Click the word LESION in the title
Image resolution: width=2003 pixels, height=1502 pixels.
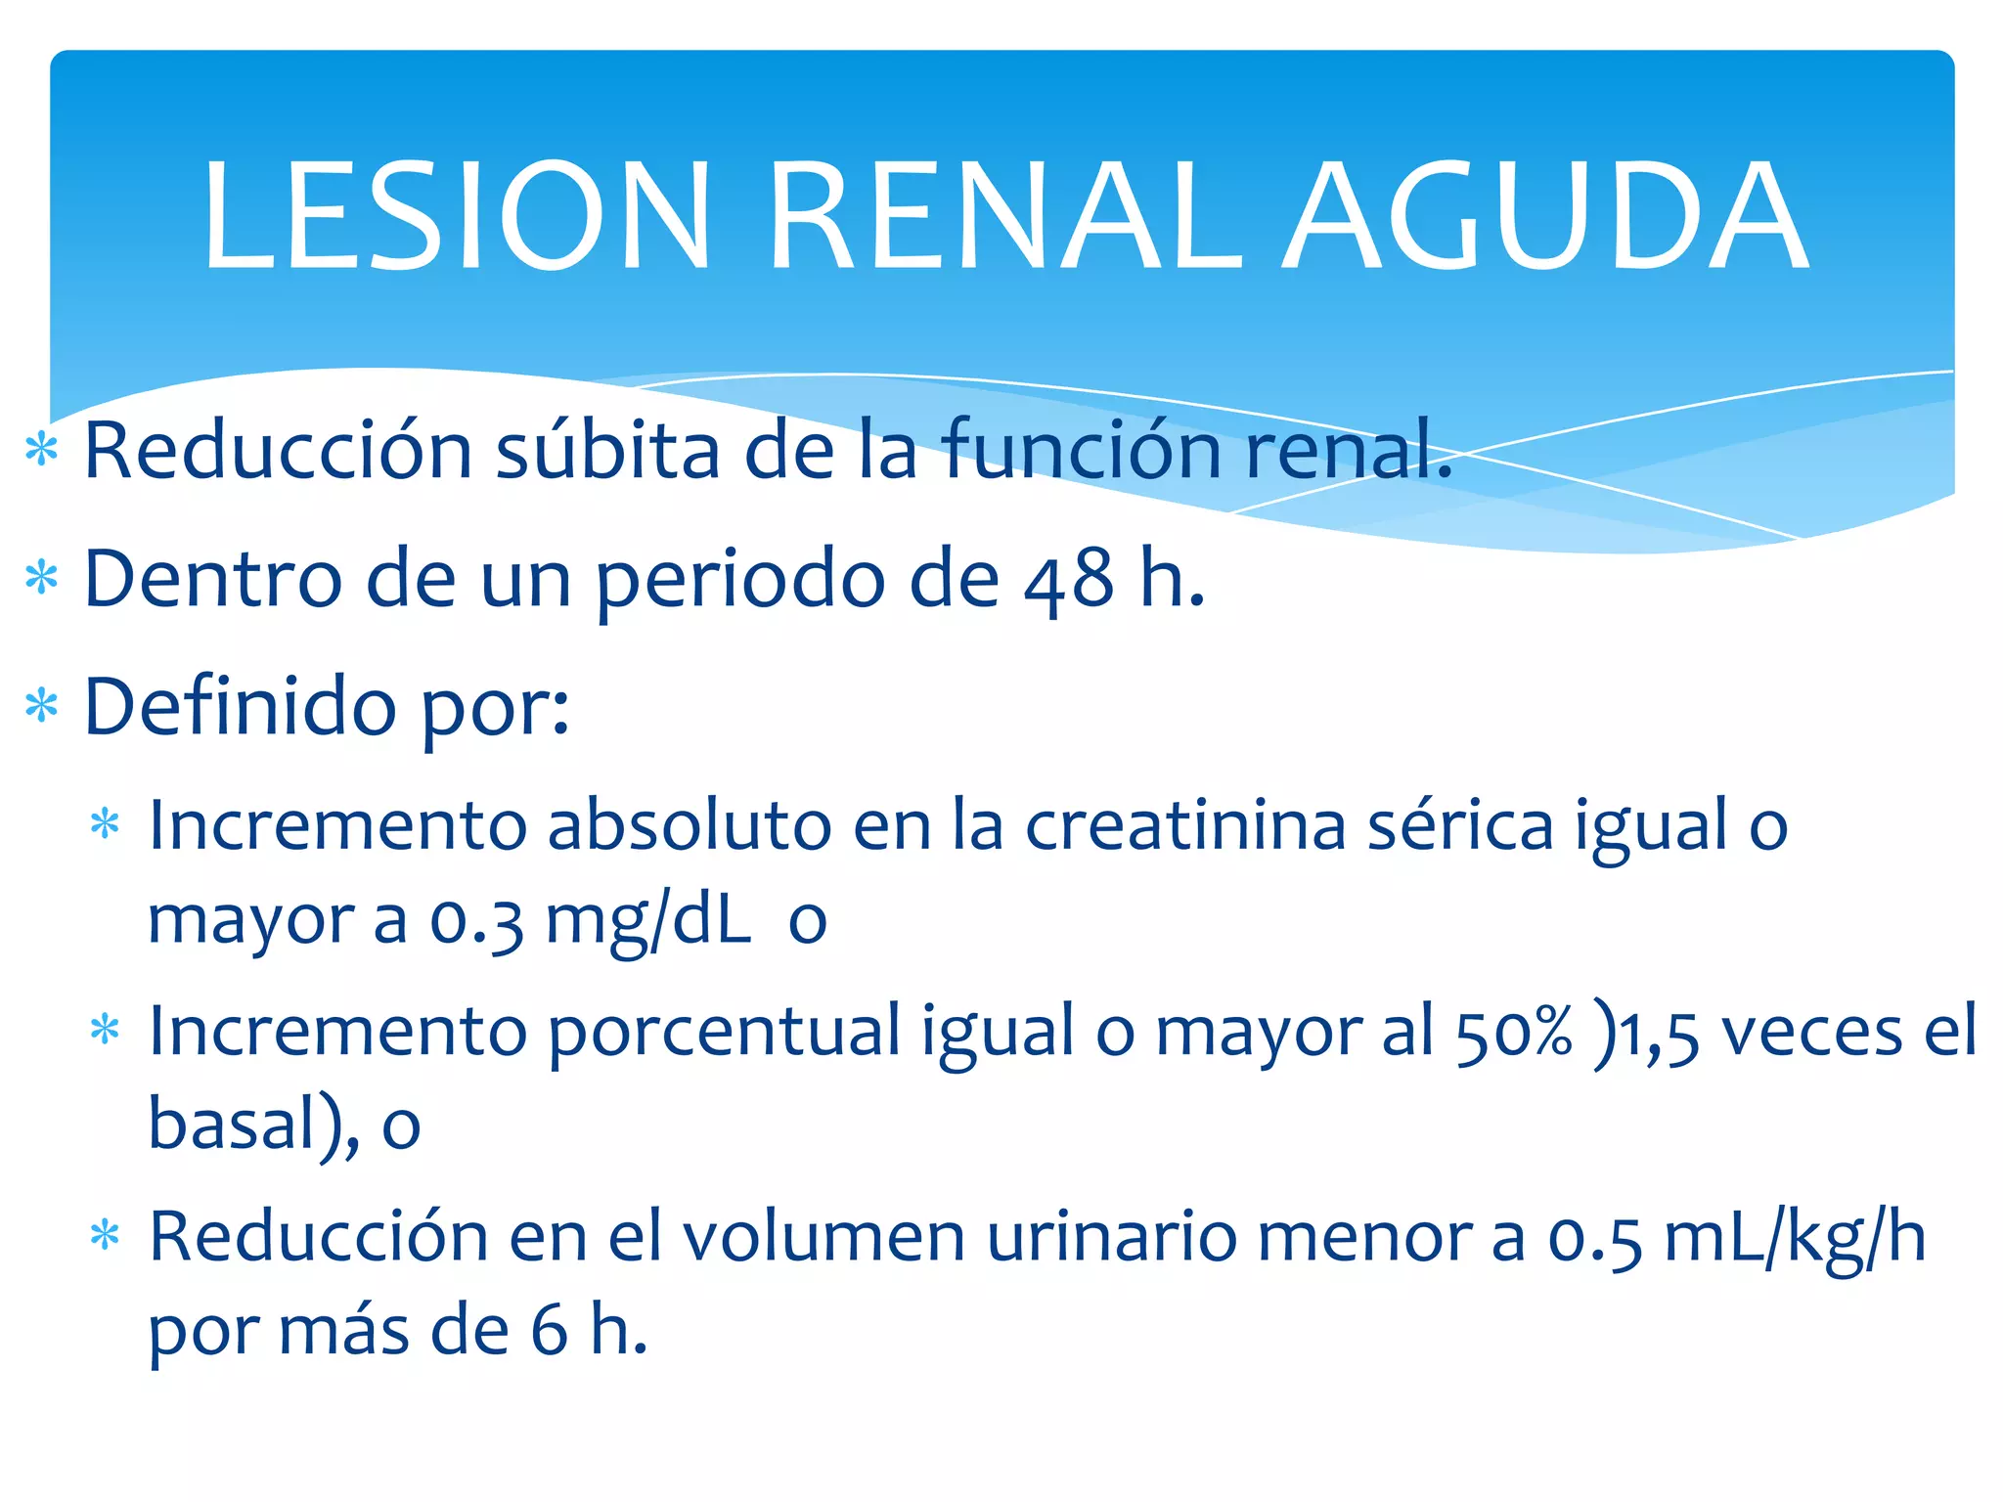[456, 215]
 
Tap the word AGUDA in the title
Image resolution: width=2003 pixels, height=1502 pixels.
[1545, 215]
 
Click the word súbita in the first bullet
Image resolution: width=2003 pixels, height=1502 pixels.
[606, 451]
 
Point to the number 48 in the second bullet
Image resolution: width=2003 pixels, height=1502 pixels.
[1068, 579]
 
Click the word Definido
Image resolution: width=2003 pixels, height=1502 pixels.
[241, 706]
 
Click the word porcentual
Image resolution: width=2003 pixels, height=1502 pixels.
[724, 1033]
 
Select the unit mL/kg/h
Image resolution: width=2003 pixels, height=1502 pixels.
[1795, 1238]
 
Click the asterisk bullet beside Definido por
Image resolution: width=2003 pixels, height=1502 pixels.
[42, 707]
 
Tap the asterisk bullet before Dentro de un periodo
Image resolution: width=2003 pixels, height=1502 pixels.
[42, 579]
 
